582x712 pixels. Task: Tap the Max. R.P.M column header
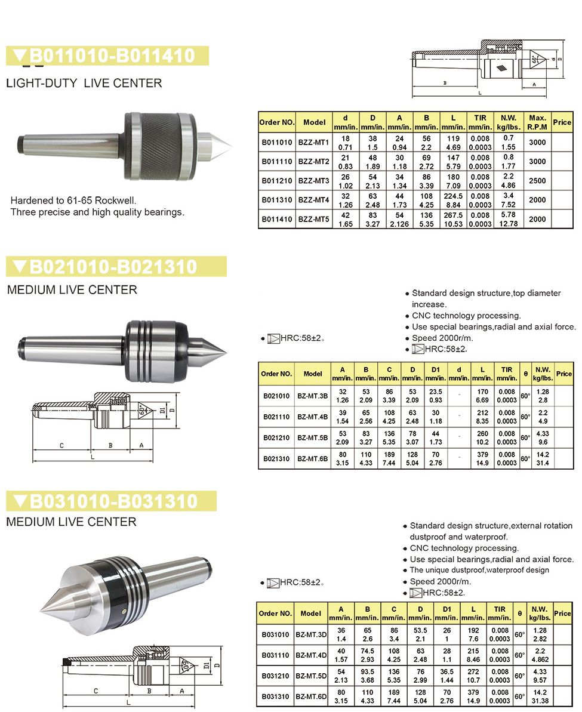click(x=537, y=122)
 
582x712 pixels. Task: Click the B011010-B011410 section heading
click(x=113, y=56)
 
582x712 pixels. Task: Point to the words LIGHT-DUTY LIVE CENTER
click(x=84, y=83)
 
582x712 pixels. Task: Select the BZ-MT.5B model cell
click(x=312, y=438)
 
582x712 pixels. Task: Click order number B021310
click(x=276, y=459)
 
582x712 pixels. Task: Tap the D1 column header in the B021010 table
click(x=435, y=374)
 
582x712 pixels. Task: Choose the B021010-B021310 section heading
click(x=113, y=266)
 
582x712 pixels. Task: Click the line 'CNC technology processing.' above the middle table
click(x=466, y=316)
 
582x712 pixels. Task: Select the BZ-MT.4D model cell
click(x=311, y=655)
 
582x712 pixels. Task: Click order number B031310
click(x=276, y=696)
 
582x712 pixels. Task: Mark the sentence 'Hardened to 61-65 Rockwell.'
click(x=78, y=201)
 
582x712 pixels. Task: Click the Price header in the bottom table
click(x=562, y=613)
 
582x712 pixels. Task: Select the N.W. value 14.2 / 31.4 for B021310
click(x=543, y=459)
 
